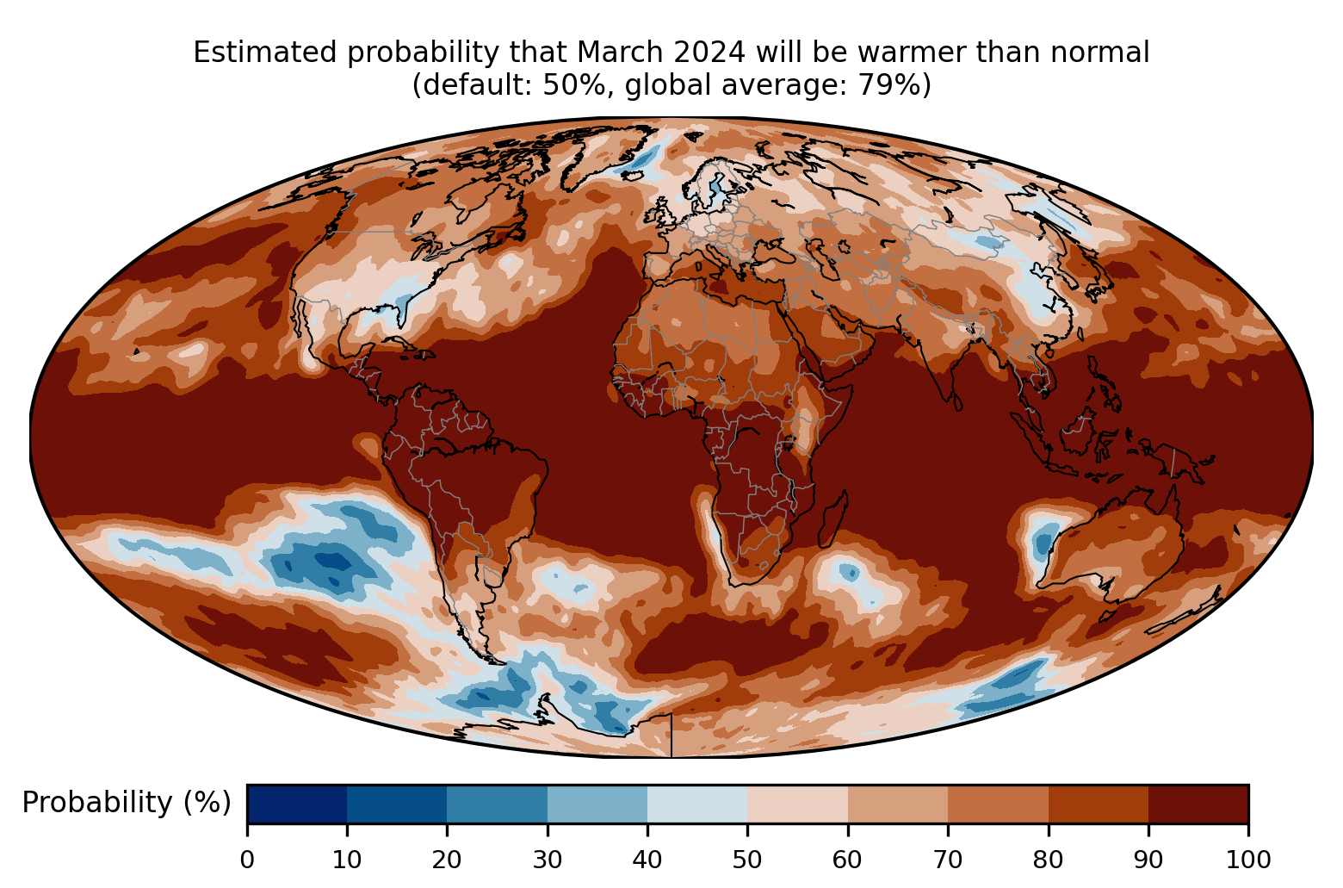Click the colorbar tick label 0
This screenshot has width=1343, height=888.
pos(247,860)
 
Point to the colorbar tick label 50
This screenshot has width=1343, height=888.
pos(747,860)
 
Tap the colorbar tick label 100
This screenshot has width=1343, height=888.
pos(1247,860)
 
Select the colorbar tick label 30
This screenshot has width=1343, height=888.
pos(548,860)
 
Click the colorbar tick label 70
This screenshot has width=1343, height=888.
pos(947,860)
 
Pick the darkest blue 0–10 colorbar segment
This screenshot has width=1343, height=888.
pos(297,804)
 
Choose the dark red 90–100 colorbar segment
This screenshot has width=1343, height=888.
pos(1198,804)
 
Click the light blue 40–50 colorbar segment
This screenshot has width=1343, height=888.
pos(697,804)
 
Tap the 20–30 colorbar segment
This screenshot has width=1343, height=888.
pos(497,804)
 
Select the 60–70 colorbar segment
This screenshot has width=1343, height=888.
pos(898,804)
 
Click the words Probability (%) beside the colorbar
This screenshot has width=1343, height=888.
pos(127,803)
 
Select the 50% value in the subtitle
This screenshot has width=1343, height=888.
pos(573,84)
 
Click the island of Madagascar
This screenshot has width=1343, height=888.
pos(834,519)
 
